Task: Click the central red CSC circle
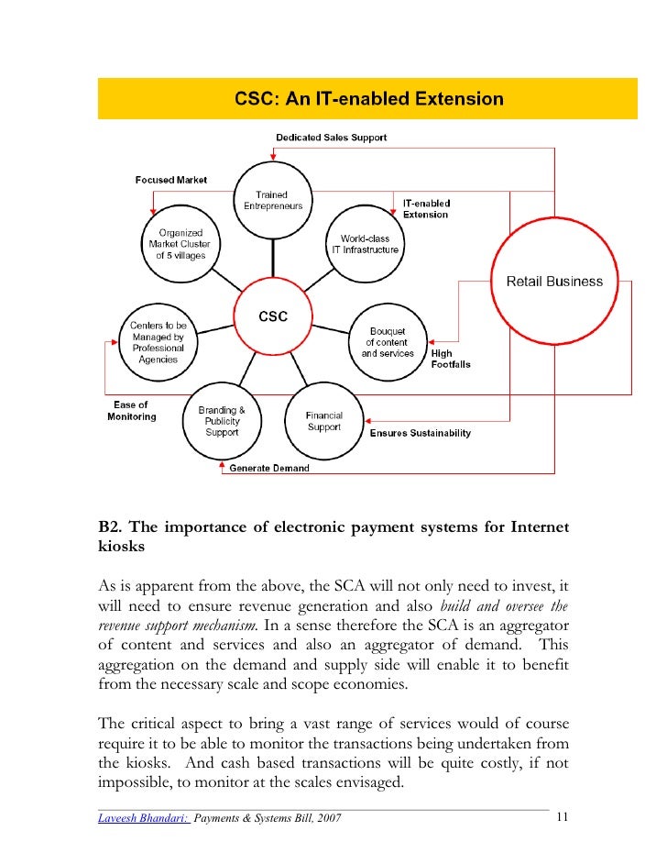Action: [x=274, y=316]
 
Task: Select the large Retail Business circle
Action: [x=554, y=282]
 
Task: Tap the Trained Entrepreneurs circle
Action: [x=272, y=200]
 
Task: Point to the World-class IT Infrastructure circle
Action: [x=364, y=244]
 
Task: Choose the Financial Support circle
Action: [x=323, y=422]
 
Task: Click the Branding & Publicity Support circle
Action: [x=222, y=422]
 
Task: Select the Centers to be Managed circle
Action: [x=158, y=342]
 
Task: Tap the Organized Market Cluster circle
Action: [x=180, y=244]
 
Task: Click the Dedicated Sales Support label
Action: [x=331, y=138]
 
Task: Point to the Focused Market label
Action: [x=170, y=180]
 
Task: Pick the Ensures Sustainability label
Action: [x=420, y=433]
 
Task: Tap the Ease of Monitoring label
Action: [x=131, y=411]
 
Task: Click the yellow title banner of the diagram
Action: [x=367, y=99]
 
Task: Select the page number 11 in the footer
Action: [x=563, y=817]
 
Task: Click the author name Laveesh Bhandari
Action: [x=144, y=818]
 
